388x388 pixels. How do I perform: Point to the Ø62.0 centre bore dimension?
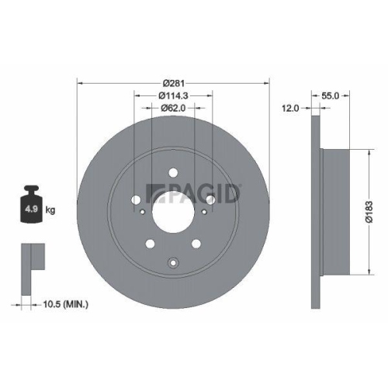(173, 109)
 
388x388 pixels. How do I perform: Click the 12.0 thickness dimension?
(289, 109)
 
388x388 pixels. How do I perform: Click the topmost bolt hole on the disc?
(173, 165)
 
